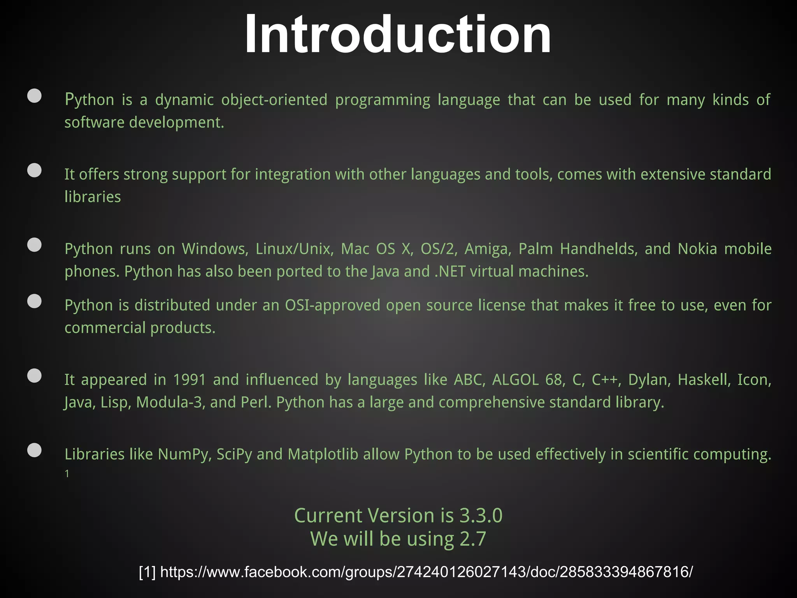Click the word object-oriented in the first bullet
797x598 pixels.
click(x=274, y=100)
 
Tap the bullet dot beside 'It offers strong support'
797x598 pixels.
click(x=35, y=171)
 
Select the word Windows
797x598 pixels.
click(x=215, y=249)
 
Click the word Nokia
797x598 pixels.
click(x=697, y=249)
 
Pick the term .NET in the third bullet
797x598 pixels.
click(x=450, y=271)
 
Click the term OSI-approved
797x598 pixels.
click(x=332, y=305)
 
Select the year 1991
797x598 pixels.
click(x=189, y=380)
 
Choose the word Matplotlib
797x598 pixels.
click(x=323, y=454)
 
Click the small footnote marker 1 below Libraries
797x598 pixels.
click(x=67, y=474)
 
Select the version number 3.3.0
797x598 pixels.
click(x=481, y=515)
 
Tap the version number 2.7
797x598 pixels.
click(x=473, y=539)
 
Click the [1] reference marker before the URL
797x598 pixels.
click(x=147, y=572)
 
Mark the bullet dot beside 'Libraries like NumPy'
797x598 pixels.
click(x=35, y=450)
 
